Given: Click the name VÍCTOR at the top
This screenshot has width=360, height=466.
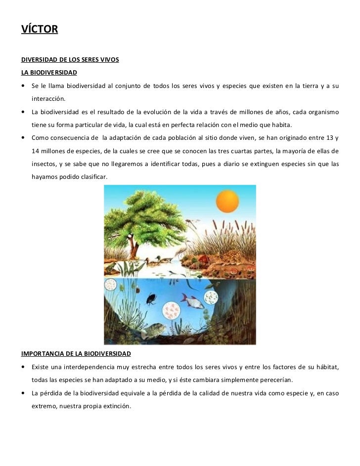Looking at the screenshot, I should point(40,30).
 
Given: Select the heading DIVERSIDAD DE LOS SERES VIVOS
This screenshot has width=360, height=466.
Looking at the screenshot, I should point(70,61).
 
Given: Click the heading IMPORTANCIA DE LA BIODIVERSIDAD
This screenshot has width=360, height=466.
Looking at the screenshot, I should point(76,354).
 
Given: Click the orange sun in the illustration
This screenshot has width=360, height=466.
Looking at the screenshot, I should point(227,202).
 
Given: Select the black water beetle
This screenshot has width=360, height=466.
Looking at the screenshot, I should point(149,299).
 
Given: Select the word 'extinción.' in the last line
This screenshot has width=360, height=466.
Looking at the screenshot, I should point(114,406).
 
